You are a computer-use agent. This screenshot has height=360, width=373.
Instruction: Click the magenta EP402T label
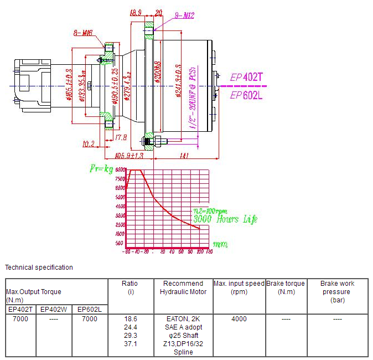(x=246, y=78)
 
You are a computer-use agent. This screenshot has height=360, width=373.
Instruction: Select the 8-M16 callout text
(x=83, y=34)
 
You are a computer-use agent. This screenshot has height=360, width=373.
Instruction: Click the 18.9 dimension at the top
(x=136, y=12)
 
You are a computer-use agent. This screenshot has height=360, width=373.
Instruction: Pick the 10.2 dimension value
(x=88, y=145)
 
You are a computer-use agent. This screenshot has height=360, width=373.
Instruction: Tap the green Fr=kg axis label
(x=101, y=167)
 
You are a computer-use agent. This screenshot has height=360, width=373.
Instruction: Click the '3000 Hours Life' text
(x=225, y=219)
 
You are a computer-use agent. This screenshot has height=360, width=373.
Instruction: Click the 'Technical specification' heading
(x=39, y=268)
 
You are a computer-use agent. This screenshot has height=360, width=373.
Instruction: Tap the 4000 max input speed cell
(x=239, y=319)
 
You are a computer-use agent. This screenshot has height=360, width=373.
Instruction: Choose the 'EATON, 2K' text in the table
(x=184, y=319)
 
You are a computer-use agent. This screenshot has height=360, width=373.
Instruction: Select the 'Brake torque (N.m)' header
(x=286, y=287)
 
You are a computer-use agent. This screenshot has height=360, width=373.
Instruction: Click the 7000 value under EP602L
(x=89, y=319)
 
